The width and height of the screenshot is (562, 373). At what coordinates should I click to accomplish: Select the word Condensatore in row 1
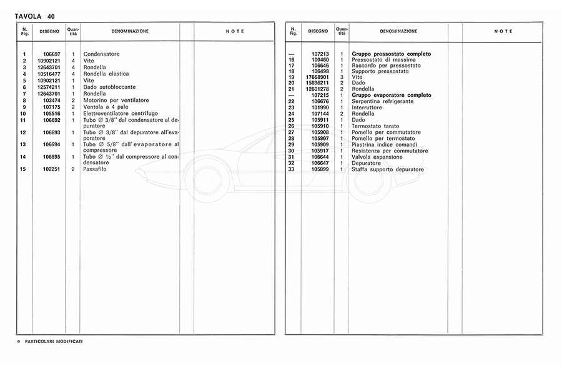(101, 54)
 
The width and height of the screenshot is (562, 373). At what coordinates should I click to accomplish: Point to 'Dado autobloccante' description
(109, 87)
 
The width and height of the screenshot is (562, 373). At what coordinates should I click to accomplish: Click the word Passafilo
(96, 169)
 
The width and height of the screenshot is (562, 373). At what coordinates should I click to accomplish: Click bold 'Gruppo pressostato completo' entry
(391, 54)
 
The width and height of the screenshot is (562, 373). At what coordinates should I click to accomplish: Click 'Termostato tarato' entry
(375, 126)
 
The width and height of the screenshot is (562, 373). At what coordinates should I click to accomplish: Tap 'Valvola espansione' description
(377, 157)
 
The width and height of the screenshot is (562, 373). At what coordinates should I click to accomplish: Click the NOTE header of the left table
(234, 31)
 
